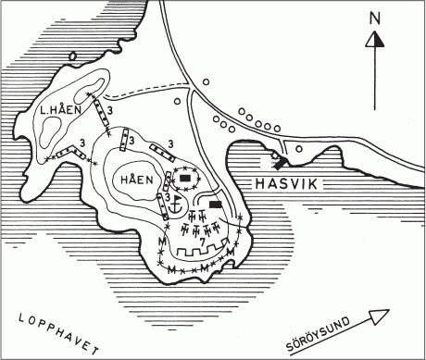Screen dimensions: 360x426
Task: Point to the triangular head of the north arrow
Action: [373, 39]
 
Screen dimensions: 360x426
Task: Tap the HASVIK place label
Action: [284, 185]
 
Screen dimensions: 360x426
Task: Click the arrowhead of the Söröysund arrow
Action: [396, 311]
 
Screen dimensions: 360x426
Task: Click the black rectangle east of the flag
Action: [216, 205]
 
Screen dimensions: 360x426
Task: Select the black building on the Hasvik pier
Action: [276, 159]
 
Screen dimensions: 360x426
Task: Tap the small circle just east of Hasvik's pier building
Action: [297, 148]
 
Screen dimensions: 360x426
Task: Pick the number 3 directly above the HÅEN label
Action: [132, 140]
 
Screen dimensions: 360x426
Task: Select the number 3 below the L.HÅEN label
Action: [83, 142]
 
